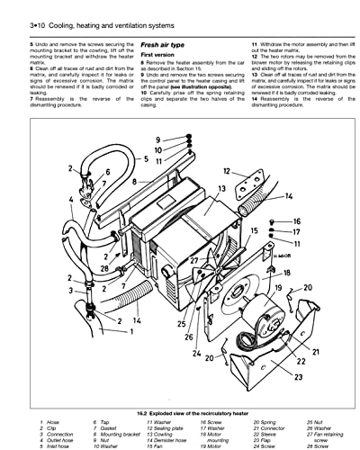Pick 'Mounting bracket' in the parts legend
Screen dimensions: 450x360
[x=120, y=433]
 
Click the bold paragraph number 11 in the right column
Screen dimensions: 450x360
[x=255, y=44]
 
